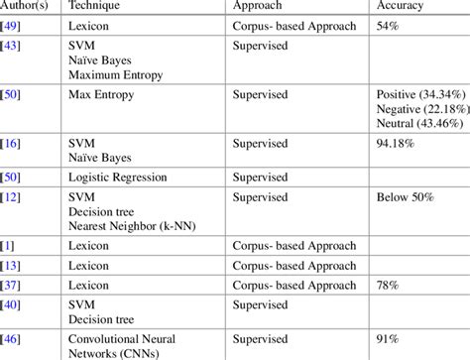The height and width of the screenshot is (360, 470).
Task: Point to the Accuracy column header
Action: tap(403, 6)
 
